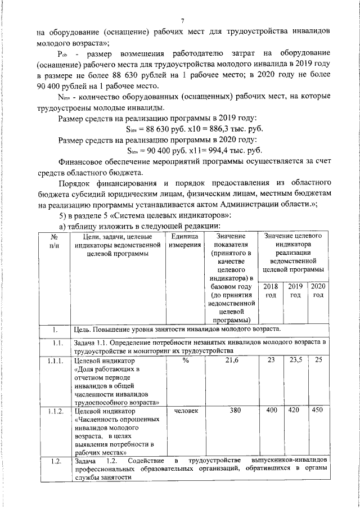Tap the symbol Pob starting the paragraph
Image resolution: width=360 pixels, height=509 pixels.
click(x=62, y=54)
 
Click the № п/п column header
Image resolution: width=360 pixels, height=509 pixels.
click(x=54, y=241)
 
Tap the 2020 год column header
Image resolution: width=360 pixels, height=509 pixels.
click(x=318, y=291)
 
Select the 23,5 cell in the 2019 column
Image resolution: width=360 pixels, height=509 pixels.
click(x=295, y=361)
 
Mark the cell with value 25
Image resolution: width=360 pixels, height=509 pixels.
click(x=318, y=361)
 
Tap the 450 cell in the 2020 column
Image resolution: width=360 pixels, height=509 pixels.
click(x=318, y=411)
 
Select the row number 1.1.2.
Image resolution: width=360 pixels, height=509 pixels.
click(x=55, y=411)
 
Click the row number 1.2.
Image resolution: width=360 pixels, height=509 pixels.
click(x=54, y=462)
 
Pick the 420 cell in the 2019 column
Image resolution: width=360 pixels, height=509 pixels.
click(x=295, y=411)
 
